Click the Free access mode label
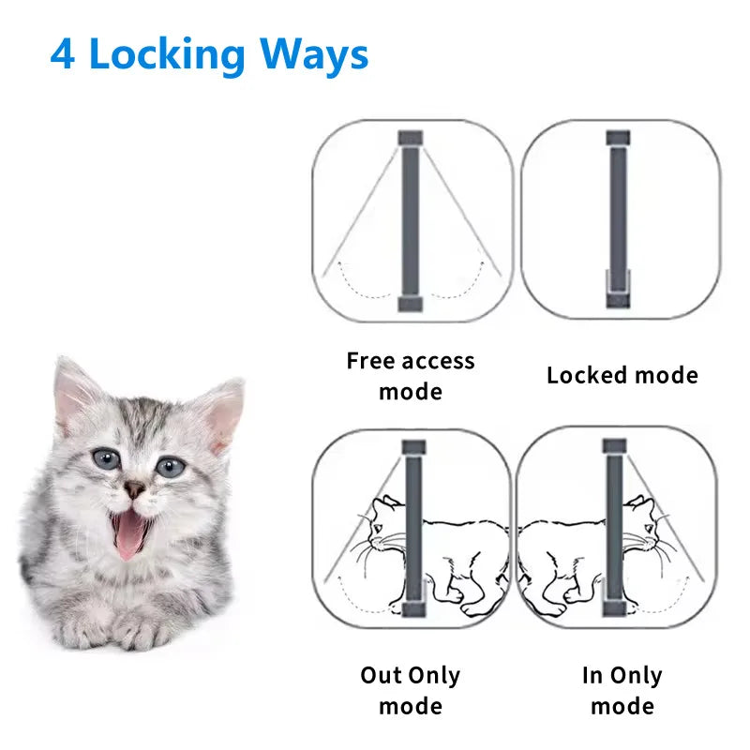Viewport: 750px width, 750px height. click(x=411, y=375)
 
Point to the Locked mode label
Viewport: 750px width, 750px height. click(x=622, y=376)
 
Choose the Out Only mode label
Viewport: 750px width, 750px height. click(x=410, y=690)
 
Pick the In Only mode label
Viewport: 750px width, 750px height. click(x=621, y=690)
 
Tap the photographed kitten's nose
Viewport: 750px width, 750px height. click(x=135, y=488)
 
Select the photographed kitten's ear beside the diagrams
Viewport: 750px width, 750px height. click(x=223, y=412)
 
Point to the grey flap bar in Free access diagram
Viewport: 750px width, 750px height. click(x=411, y=220)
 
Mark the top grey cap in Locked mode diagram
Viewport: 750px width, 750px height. click(x=617, y=138)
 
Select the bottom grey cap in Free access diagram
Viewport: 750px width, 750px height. click(x=411, y=305)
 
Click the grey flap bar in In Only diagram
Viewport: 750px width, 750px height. click(x=614, y=534)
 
